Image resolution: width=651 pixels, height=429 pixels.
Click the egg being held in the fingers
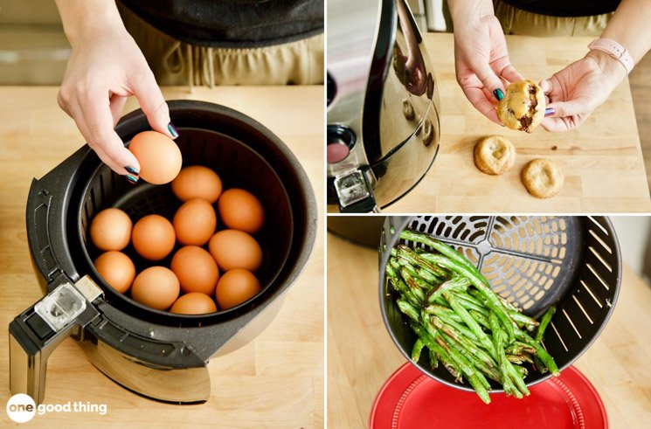click(156, 157)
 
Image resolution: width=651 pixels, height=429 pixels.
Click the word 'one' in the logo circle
click(20, 408)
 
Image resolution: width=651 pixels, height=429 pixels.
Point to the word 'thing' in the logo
click(89, 408)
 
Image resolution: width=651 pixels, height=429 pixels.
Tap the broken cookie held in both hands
click(523, 106)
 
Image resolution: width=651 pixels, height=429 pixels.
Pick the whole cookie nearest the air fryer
click(495, 155)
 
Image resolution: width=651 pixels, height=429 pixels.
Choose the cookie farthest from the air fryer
click(542, 177)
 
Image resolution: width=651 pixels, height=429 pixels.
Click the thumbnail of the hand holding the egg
click(172, 130)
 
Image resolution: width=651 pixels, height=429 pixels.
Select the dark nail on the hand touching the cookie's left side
click(499, 94)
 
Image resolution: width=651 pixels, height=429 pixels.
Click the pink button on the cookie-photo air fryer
click(339, 152)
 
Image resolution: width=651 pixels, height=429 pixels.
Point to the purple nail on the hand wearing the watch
click(550, 111)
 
